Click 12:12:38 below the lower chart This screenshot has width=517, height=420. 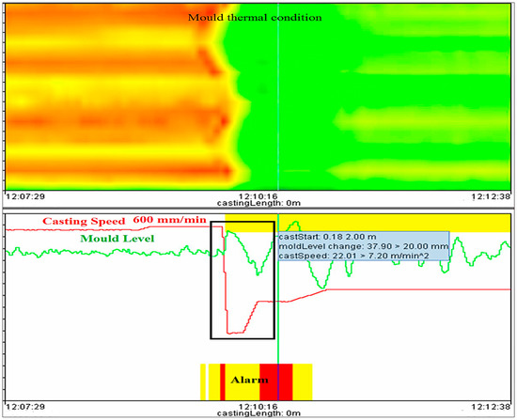(x=490, y=407)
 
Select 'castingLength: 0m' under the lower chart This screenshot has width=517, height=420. (x=258, y=415)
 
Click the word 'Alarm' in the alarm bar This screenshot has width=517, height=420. (x=249, y=381)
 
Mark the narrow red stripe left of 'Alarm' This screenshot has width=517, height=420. (x=222, y=381)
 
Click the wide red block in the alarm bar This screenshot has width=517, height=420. (x=283, y=381)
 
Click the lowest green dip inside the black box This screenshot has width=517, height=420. (x=259, y=274)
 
